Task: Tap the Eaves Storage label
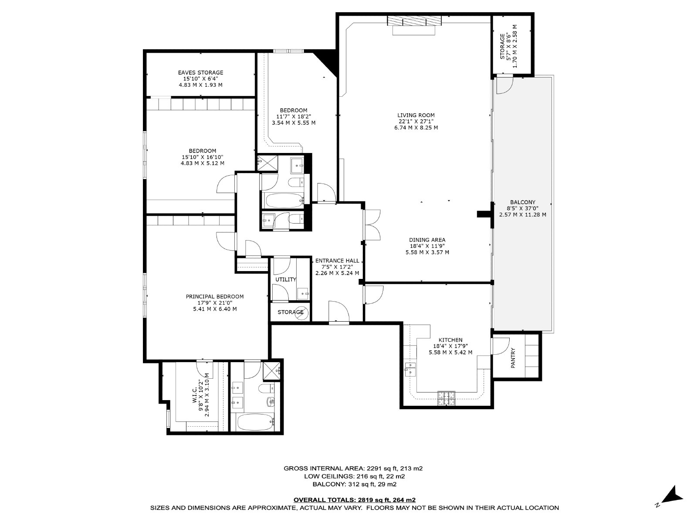pos(200,73)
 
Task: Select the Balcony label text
pos(522,202)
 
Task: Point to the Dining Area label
pos(427,240)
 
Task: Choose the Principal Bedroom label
pos(215,297)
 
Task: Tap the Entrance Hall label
pos(337,261)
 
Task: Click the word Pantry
pos(513,358)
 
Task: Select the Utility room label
pos(285,279)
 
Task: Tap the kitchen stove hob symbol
pos(446,398)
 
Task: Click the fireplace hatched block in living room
pos(414,20)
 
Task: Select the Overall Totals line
pos(354,500)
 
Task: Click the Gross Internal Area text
pos(353,469)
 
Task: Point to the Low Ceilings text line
pos(354,476)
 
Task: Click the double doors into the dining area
pos(372,225)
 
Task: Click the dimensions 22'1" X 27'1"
pos(416,122)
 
